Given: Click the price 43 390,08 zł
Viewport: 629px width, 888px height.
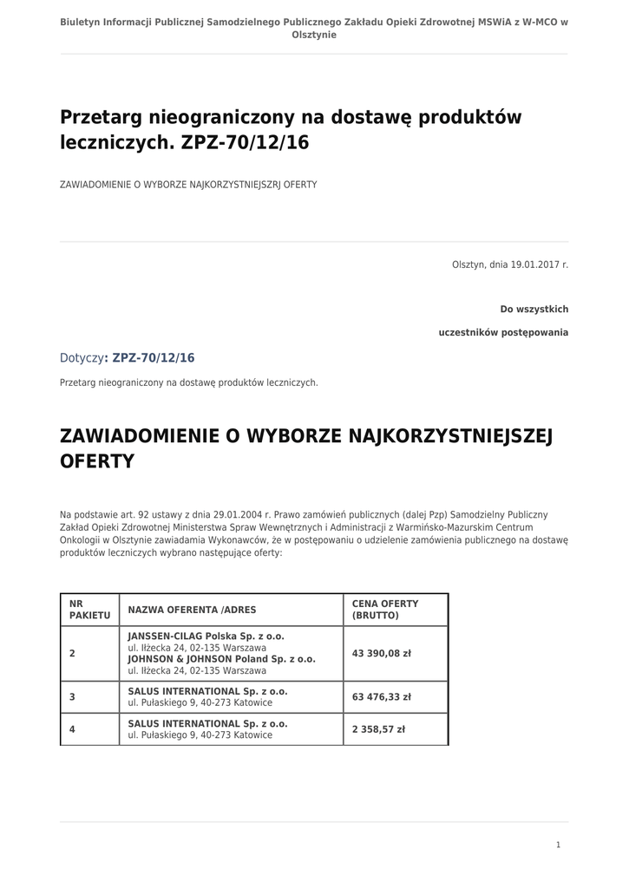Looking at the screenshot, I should pyautogui.click(x=381, y=653).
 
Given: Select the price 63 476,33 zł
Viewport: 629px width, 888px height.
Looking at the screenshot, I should pyautogui.click(x=381, y=696).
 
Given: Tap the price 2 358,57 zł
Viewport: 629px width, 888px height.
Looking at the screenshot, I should pyautogui.click(x=378, y=729).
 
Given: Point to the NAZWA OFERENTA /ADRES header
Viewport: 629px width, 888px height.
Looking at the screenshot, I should pyautogui.click(x=192, y=610).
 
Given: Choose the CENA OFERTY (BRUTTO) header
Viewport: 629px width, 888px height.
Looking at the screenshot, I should pyautogui.click(x=385, y=609).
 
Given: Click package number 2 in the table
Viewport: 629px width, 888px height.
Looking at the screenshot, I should pyautogui.click(x=72, y=653).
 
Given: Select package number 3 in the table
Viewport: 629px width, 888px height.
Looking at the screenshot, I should pyautogui.click(x=72, y=696).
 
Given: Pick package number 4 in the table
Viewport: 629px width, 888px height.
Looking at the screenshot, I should pyautogui.click(x=72, y=729).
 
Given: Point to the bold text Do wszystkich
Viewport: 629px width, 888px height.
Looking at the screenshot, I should pyautogui.click(x=534, y=310).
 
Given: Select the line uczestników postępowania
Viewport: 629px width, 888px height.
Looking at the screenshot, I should pyautogui.click(x=503, y=332).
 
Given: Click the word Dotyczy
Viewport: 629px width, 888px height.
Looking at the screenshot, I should pyautogui.click(x=82, y=358).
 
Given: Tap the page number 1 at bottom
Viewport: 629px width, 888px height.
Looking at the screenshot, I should pyautogui.click(x=558, y=845).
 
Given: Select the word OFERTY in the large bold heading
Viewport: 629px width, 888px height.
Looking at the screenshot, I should pyautogui.click(x=96, y=461).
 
